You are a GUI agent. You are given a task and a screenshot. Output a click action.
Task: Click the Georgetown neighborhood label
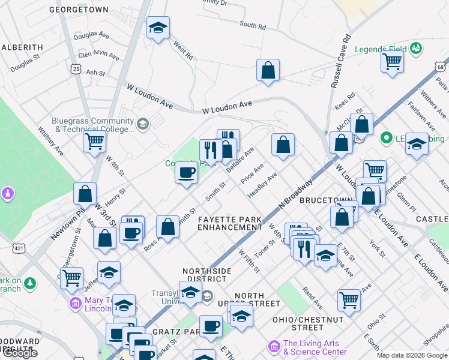[x=79, y=10]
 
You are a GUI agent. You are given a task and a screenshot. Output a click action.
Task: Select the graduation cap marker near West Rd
[x=158, y=28]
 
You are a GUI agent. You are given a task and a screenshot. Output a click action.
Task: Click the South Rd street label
[x=252, y=26]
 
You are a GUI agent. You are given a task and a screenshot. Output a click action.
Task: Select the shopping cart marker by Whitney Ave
[x=94, y=142]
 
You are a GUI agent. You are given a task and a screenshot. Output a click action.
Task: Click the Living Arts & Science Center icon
[x=274, y=346]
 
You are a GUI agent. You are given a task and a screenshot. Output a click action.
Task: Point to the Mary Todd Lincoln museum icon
[x=76, y=301]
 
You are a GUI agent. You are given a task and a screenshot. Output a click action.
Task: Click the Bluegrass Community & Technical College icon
[x=142, y=124]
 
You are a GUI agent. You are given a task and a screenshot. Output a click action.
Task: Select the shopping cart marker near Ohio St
[x=349, y=299]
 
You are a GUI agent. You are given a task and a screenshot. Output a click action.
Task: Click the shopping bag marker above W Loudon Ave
[x=268, y=70]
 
